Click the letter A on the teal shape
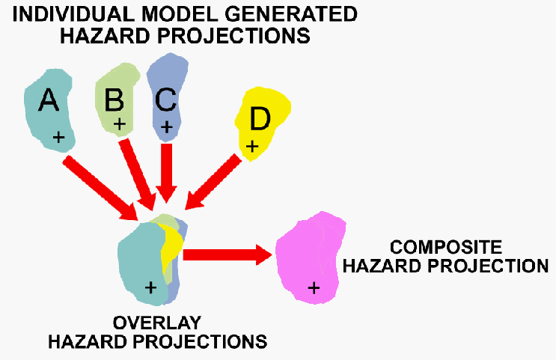(x=48, y=100)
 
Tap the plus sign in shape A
(x=59, y=138)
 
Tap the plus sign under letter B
(x=118, y=122)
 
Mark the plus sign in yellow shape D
(x=252, y=147)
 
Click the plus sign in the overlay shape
(x=150, y=286)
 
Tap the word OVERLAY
(x=157, y=324)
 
